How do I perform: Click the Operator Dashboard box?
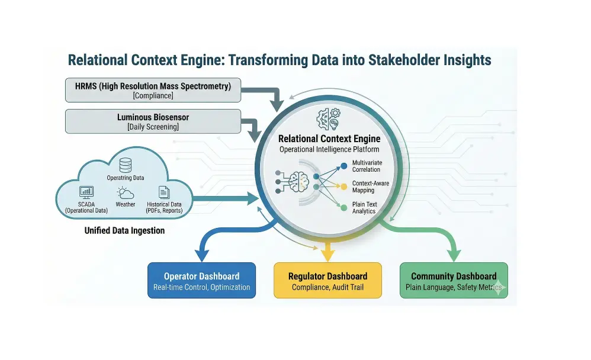coord(201,281)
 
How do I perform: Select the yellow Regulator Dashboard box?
coord(327,281)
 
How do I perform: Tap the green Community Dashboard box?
coord(454,281)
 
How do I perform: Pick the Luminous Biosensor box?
coord(153,121)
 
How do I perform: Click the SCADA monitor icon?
coord(86,192)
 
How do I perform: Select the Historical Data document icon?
coord(164,192)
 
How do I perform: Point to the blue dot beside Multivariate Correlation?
coord(344,166)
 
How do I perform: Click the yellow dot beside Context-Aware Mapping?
coord(344,186)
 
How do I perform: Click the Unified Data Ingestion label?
coord(124,230)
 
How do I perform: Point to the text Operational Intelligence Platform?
coord(329,149)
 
